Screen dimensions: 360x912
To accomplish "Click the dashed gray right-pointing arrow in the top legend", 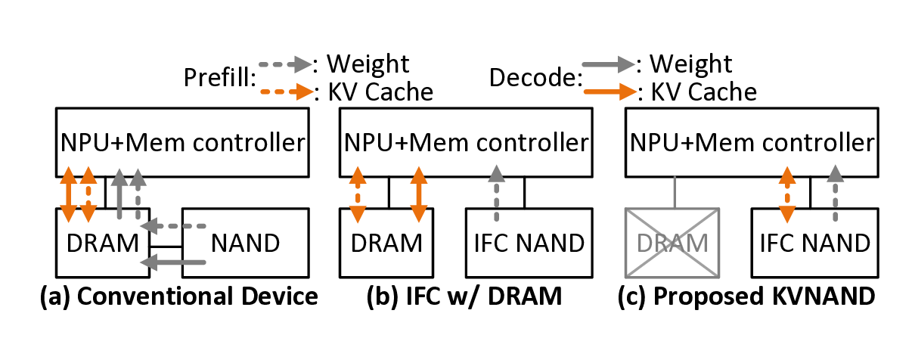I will click(x=285, y=64).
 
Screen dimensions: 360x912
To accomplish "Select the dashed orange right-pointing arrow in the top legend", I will click(x=287, y=92).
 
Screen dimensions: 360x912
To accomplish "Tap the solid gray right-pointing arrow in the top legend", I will click(x=608, y=65).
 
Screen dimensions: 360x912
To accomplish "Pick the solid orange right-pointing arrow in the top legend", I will click(x=610, y=92).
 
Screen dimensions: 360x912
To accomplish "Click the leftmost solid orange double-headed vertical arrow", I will click(x=68, y=194).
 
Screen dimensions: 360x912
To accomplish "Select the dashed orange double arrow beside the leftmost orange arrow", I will click(x=88, y=194).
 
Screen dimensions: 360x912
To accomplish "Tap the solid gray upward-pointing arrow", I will click(x=119, y=194).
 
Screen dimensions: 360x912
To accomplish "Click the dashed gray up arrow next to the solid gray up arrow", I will click(x=138, y=194).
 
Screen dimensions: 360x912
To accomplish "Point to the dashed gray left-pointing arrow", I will click(x=173, y=225).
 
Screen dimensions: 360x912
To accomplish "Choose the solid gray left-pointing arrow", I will click(x=173, y=262).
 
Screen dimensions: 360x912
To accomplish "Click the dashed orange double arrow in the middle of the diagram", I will click(x=358, y=195).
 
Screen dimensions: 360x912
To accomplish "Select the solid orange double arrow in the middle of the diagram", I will click(x=419, y=195).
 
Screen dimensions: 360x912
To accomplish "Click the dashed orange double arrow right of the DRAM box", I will click(x=787, y=195).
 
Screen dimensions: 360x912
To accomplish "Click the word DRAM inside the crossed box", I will click(x=672, y=244).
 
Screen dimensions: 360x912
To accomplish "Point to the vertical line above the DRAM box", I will click(x=673, y=191).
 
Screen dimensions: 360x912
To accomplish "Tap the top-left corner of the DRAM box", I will click(x=625, y=209).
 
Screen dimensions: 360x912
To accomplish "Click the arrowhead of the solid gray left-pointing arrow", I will click(x=148, y=262).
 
